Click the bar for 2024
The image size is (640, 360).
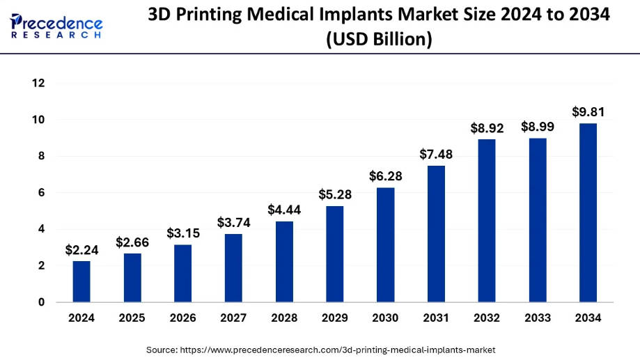pyautogui.click(x=81, y=281)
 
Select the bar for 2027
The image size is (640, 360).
pyautogui.click(x=233, y=268)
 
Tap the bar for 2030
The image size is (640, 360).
pyautogui.click(x=386, y=245)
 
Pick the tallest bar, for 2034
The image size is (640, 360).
pyautogui.click(x=588, y=212)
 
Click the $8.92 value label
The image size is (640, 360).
pyautogui.click(x=487, y=127)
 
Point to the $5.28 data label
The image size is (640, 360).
pyautogui.click(x=335, y=194)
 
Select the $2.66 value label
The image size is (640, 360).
pyautogui.click(x=132, y=242)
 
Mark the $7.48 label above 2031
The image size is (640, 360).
pyautogui.click(x=436, y=154)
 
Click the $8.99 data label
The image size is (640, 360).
pyautogui.click(x=538, y=127)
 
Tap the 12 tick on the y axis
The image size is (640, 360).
pyautogui.click(x=38, y=84)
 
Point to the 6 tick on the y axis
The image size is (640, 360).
pyautogui.click(x=41, y=193)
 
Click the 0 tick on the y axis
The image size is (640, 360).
pyautogui.click(x=41, y=302)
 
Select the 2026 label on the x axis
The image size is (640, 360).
pyautogui.click(x=182, y=318)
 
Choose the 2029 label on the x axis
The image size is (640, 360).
pyautogui.click(x=335, y=318)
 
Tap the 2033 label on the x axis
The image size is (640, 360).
pyautogui.click(x=538, y=318)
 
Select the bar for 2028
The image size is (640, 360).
pyautogui.click(x=284, y=262)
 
